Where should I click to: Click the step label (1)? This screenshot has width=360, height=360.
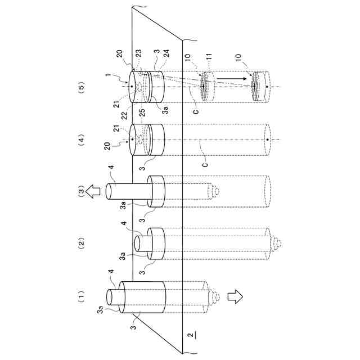(x=81, y=297)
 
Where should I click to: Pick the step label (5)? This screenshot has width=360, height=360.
(x=81, y=88)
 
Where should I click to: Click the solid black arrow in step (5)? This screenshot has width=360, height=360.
(x=232, y=79)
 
